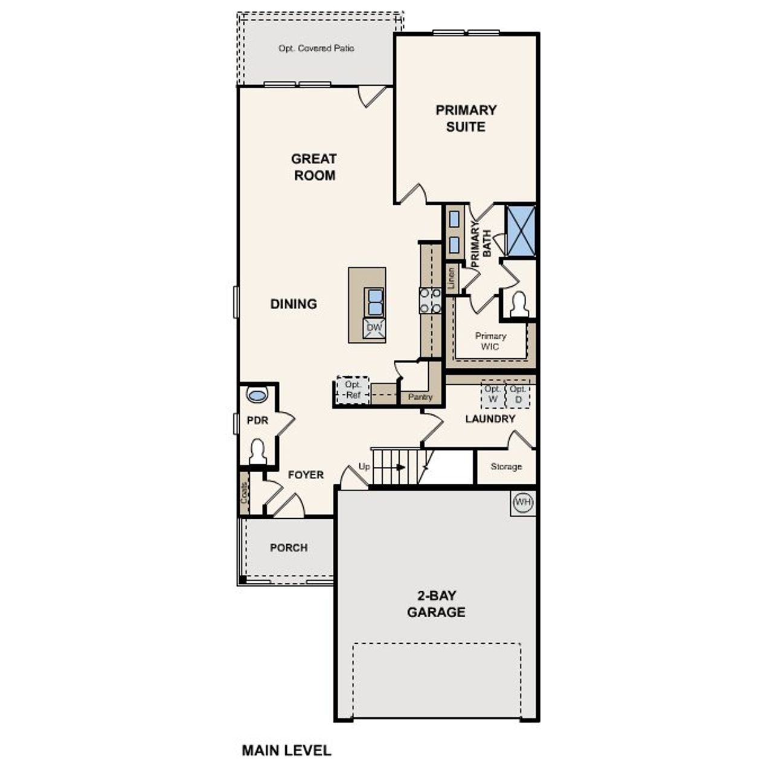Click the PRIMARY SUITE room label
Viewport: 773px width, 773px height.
pyautogui.click(x=466, y=118)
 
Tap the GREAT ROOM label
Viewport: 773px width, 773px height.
pyautogui.click(x=313, y=167)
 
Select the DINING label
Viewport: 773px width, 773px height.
pyautogui.click(x=293, y=304)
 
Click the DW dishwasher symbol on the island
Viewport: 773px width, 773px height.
pyautogui.click(x=374, y=328)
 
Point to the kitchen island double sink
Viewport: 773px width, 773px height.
pyautogui.click(x=375, y=302)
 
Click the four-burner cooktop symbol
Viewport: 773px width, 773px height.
pyautogui.click(x=430, y=301)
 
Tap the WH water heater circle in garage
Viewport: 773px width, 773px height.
pyautogui.click(x=523, y=502)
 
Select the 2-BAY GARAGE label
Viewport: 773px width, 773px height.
pyautogui.click(x=436, y=603)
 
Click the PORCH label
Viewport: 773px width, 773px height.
pyautogui.click(x=289, y=548)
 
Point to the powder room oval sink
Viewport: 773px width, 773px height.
pyautogui.click(x=257, y=396)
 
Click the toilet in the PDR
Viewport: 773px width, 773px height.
pyautogui.click(x=258, y=451)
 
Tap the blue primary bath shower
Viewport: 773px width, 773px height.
pyautogui.click(x=521, y=231)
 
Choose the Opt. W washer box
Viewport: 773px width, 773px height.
pyautogui.click(x=493, y=394)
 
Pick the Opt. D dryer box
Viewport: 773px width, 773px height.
pyautogui.click(x=518, y=394)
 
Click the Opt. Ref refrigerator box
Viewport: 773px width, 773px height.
pyautogui.click(x=353, y=390)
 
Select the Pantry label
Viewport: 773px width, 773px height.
pyautogui.click(x=420, y=397)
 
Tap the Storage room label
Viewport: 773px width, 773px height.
pyautogui.click(x=506, y=467)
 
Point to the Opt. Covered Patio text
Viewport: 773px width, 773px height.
pyautogui.click(x=316, y=48)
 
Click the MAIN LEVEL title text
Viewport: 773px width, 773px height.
pyautogui.click(x=286, y=750)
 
